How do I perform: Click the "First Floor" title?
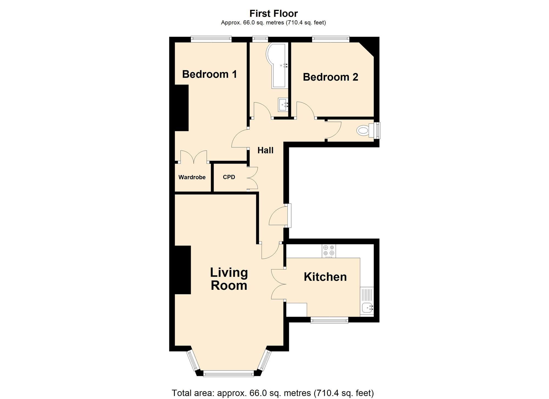(273, 13)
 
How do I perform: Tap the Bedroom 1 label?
(209, 74)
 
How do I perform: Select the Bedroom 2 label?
(330, 77)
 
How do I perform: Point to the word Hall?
(265, 150)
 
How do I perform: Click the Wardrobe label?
(192, 177)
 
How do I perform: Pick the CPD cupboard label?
(229, 177)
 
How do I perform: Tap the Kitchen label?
(325, 277)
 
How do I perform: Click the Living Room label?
(229, 279)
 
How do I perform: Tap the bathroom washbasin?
(283, 105)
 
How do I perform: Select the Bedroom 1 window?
(211, 39)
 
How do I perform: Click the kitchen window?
(329, 320)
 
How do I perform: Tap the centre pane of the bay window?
(229, 373)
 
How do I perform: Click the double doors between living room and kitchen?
(278, 284)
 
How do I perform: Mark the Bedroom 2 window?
(330, 39)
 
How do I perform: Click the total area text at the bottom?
(273, 393)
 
